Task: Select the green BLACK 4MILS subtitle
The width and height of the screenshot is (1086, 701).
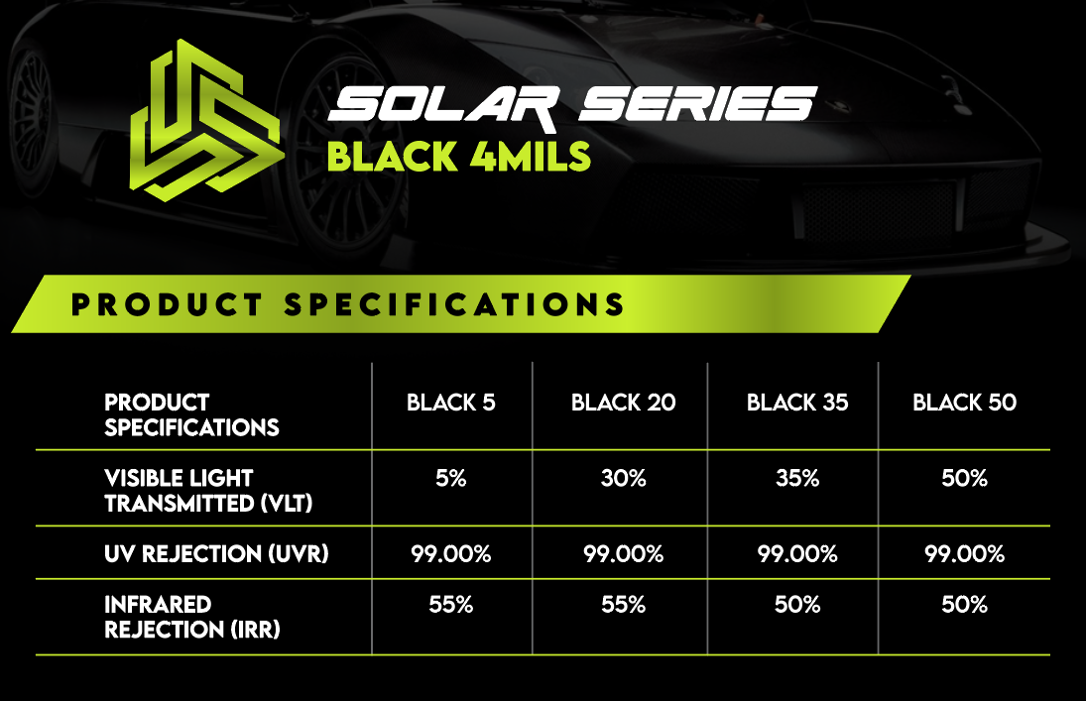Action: [458, 156]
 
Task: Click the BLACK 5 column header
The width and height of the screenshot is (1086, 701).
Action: [451, 403]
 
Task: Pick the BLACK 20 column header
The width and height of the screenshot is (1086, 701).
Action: [624, 403]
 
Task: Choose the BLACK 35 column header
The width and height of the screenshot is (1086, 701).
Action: [797, 403]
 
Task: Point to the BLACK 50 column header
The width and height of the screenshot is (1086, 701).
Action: [964, 403]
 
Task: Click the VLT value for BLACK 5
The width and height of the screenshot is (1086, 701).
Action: [451, 478]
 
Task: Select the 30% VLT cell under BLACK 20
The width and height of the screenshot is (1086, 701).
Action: [624, 478]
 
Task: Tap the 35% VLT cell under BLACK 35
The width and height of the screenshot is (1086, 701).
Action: [797, 478]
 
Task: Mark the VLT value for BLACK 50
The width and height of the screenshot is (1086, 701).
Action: [964, 478]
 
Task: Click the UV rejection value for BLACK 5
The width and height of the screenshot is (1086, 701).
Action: [451, 554]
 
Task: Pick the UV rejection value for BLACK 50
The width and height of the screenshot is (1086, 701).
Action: [964, 554]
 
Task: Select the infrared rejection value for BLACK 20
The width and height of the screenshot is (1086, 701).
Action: [624, 605]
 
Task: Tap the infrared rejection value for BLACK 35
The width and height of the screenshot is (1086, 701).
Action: [797, 605]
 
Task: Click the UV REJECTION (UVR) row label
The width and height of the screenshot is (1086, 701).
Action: [216, 554]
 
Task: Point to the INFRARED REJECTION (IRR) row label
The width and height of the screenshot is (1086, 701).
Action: [191, 617]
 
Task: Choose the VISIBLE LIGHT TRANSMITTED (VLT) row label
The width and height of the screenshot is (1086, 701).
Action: [208, 491]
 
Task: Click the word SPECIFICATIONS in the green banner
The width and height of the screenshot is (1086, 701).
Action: [454, 304]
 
